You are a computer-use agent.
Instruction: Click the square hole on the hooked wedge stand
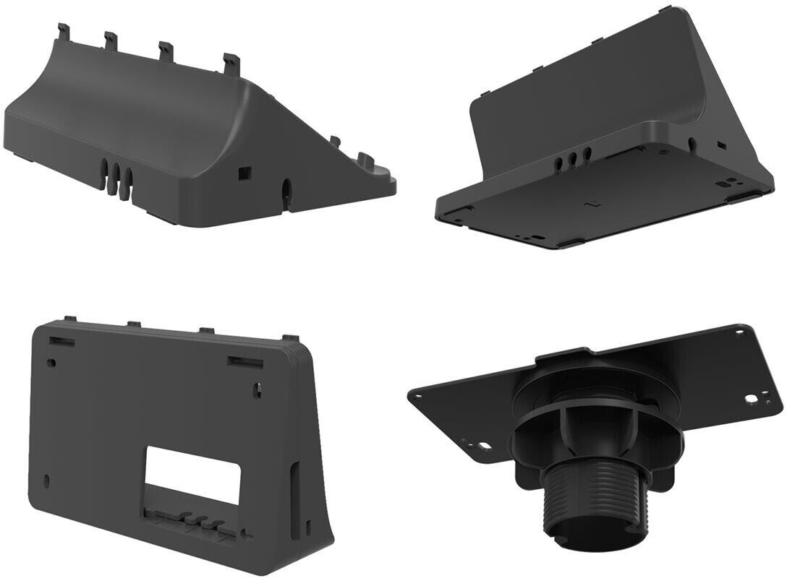[243, 173]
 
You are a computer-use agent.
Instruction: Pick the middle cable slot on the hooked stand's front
[119, 176]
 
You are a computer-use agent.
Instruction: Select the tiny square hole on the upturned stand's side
[722, 145]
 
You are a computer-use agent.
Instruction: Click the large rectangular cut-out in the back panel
[193, 475]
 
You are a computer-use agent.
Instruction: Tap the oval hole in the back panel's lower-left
[48, 480]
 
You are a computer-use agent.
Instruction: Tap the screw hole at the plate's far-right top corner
[739, 334]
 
